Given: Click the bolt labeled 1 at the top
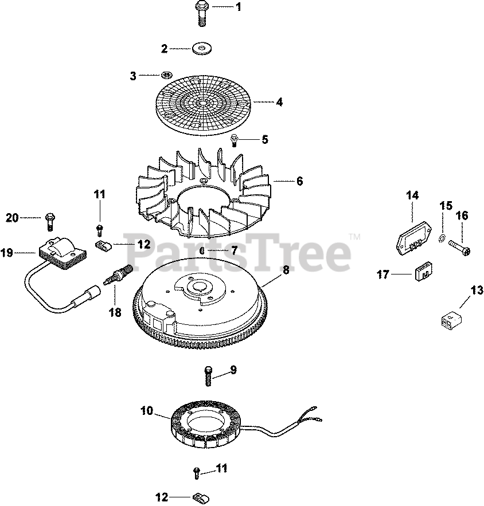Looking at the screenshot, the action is click(x=201, y=13).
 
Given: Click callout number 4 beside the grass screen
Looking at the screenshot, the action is click(x=279, y=103).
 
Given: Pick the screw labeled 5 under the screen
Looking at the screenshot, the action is click(x=235, y=139).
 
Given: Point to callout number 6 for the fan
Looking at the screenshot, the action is click(x=299, y=181).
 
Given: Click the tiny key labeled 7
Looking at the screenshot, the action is click(x=203, y=250).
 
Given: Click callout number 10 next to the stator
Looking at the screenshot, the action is click(x=147, y=410).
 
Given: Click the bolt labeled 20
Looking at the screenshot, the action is click(x=50, y=218).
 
